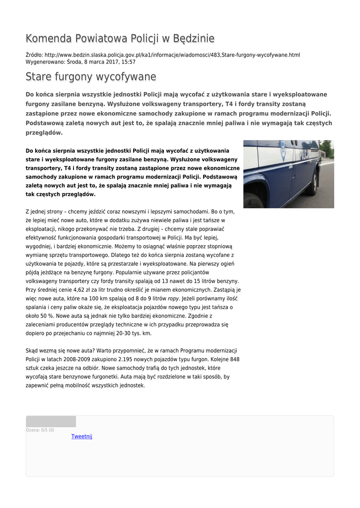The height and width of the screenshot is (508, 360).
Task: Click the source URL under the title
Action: coord(172,55)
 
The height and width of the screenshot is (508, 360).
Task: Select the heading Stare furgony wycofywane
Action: coord(91,77)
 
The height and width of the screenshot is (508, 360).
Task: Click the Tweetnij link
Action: coord(82,437)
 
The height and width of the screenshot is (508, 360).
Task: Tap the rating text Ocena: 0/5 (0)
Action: coord(40,430)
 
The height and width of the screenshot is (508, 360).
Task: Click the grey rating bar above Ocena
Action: coord(51,422)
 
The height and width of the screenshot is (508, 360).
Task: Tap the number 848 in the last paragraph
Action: coord(234,359)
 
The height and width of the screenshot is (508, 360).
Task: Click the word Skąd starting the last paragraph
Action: coord(32,351)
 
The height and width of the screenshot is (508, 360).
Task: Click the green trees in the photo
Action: coord(326,147)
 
